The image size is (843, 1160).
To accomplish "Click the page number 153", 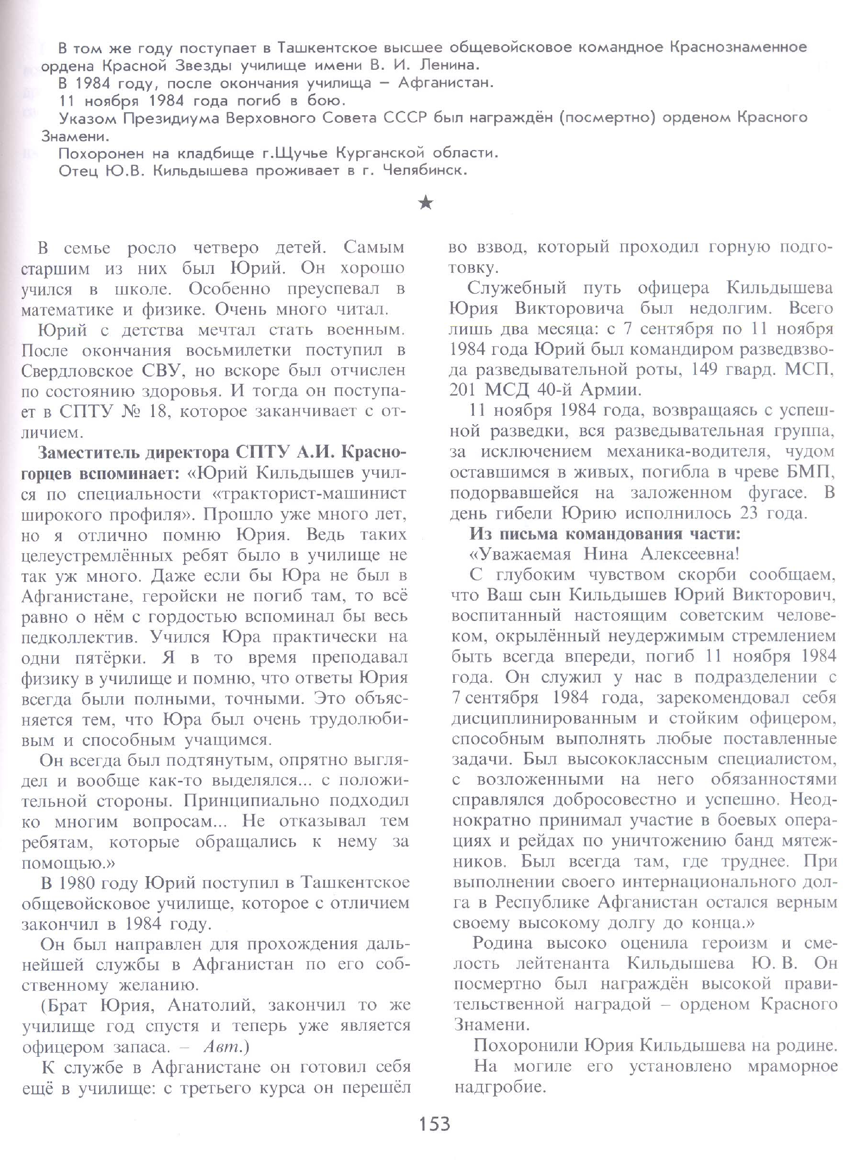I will [x=435, y=1134].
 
